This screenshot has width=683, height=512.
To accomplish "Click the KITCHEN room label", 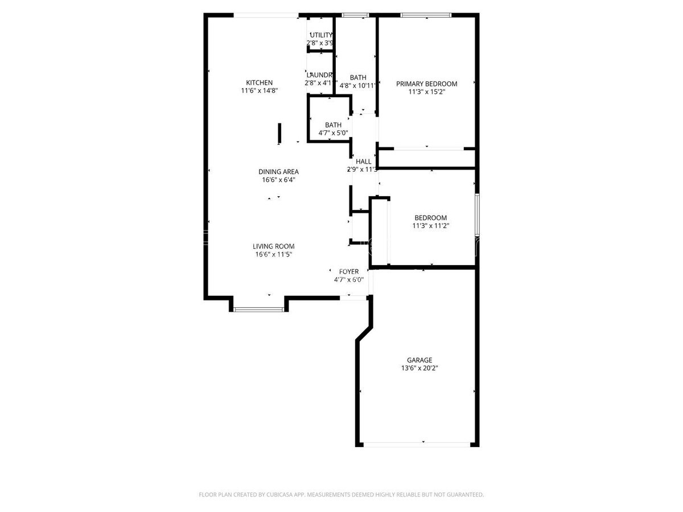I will click(x=259, y=82).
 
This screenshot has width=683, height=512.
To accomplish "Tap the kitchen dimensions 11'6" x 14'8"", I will click(x=259, y=90).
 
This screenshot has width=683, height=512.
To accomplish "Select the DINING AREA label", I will click(x=278, y=172).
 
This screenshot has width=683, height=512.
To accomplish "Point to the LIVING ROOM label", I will click(x=274, y=246).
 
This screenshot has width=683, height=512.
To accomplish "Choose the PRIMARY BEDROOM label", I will click(x=426, y=84).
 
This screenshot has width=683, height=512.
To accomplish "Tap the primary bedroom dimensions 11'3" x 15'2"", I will click(x=426, y=92).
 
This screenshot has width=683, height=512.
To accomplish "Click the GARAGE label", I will click(x=419, y=360).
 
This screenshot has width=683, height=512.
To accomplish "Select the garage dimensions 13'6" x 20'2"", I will click(x=419, y=368).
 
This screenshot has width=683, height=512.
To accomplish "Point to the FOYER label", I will click(x=348, y=271).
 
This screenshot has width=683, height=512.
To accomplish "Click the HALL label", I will click(x=363, y=162).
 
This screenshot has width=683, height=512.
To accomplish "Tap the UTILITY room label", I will click(x=321, y=35).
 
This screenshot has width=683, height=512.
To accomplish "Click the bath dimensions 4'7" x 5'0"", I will click(x=333, y=133).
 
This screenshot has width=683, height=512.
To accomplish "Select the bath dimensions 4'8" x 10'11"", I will click(x=358, y=86).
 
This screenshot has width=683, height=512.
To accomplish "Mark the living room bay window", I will click(x=259, y=309).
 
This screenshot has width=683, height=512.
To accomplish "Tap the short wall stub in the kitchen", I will click(x=279, y=134).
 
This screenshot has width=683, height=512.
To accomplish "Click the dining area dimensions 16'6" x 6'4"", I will click(x=278, y=180).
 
